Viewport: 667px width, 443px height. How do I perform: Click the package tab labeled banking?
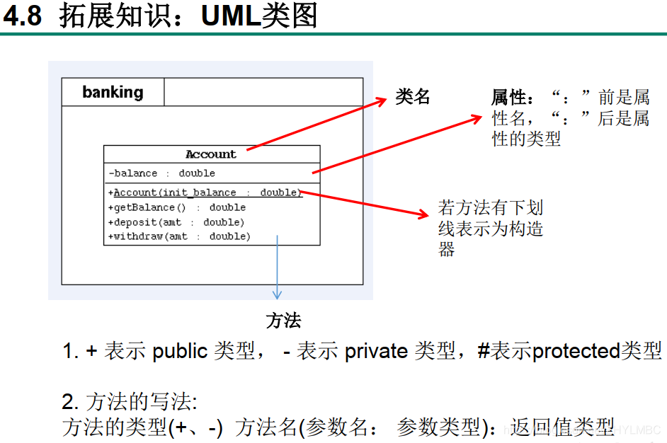click(113, 92)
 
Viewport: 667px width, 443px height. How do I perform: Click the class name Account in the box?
click(211, 154)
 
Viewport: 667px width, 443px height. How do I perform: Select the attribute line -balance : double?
click(162, 173)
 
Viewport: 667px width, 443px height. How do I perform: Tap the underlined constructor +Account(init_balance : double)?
click(205, 192)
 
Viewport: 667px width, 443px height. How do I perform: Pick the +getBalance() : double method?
click(177, 207)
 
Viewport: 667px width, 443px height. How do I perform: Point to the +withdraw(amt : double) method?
click(179, 236)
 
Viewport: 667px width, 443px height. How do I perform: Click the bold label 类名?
click(413, 97)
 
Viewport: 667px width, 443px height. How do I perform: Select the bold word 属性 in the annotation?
click(509, 98)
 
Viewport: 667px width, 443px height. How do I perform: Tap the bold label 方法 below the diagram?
click(283, 321)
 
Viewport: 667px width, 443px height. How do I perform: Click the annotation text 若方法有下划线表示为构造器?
click(490, 228)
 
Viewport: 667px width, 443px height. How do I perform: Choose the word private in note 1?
click(376, 351)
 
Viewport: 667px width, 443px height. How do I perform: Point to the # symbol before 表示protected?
click(484, 351)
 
